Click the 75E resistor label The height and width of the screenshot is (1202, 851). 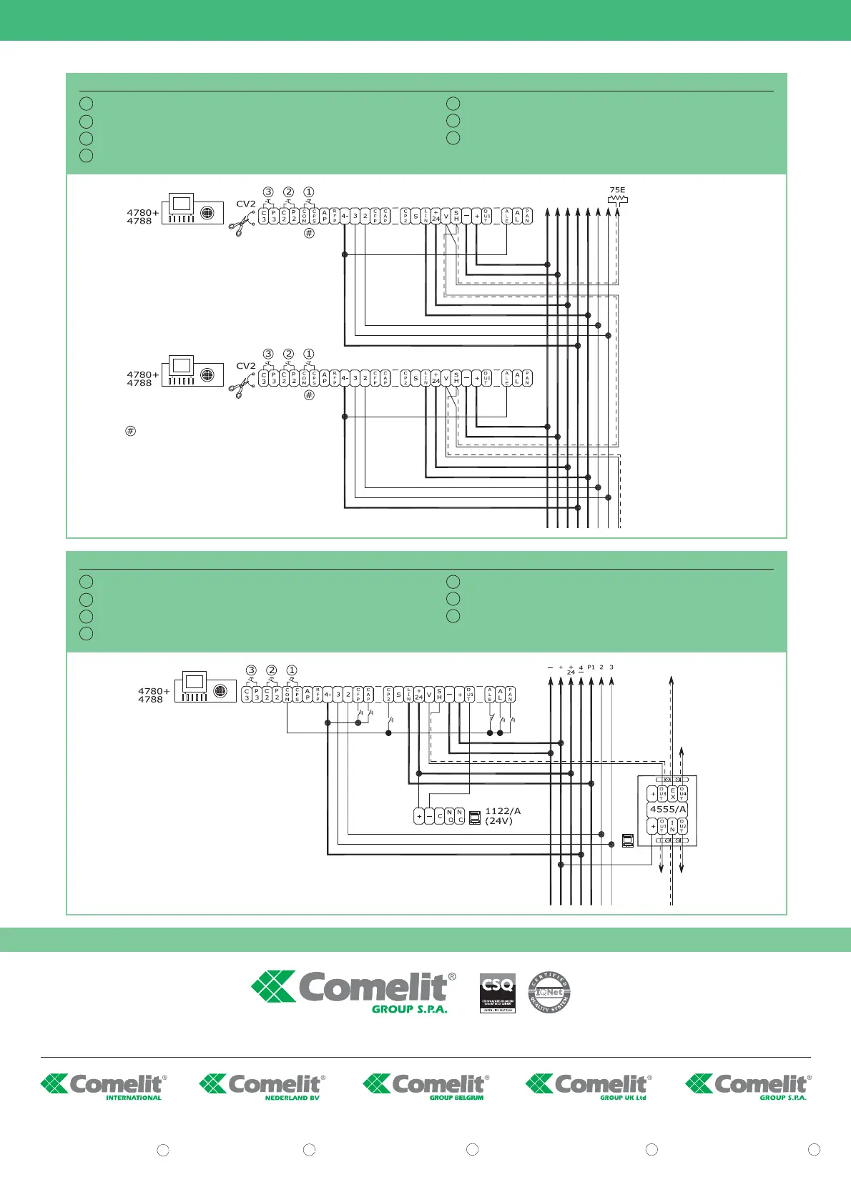tap(617, 191)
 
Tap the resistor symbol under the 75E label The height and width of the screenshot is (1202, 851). tap(617, 200)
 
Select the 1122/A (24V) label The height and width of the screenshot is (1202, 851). tap(503, 816)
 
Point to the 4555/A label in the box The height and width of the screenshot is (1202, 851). tap(668, 810)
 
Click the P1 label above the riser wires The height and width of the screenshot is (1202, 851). tap(591, 667)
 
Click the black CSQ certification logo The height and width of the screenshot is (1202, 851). tap(497, 993)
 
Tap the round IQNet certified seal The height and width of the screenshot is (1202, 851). tap(549, 993)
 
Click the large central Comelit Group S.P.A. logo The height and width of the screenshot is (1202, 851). tap(354, 992)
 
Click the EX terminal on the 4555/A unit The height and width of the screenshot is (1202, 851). tap(673, 794)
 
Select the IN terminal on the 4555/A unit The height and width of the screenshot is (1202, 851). tap(673, 826)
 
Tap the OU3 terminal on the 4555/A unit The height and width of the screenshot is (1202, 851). tap(663, 794)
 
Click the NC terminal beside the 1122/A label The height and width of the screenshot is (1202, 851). tap(460, 816)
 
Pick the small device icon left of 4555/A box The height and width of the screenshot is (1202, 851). tap(628, 840)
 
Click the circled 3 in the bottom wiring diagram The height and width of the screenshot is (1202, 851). tap(251, 670)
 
